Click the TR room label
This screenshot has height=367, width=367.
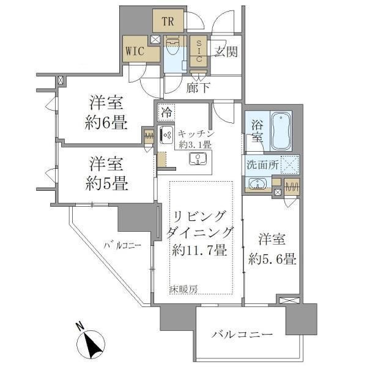[x=168, y=23]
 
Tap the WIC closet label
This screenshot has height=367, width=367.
[x=134, y=51]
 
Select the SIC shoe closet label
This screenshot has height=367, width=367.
[x=199, y=51]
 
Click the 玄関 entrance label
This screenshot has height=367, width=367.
[x=225, y=52]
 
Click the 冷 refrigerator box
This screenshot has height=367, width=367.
[x=166, y=112]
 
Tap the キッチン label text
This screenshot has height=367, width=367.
[x=195, y=133]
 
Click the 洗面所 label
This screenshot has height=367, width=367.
[x=263, y=164]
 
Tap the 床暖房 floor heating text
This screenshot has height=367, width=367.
[x=183, y=289]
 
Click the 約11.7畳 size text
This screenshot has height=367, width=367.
[x=199, y=250]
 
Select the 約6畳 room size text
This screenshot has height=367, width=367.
[x=106, y=123]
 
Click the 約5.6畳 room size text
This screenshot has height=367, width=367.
[x=273, y=259]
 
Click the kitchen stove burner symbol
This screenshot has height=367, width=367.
[x=165, y=135]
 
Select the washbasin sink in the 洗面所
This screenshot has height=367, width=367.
[x=258, y=183]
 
